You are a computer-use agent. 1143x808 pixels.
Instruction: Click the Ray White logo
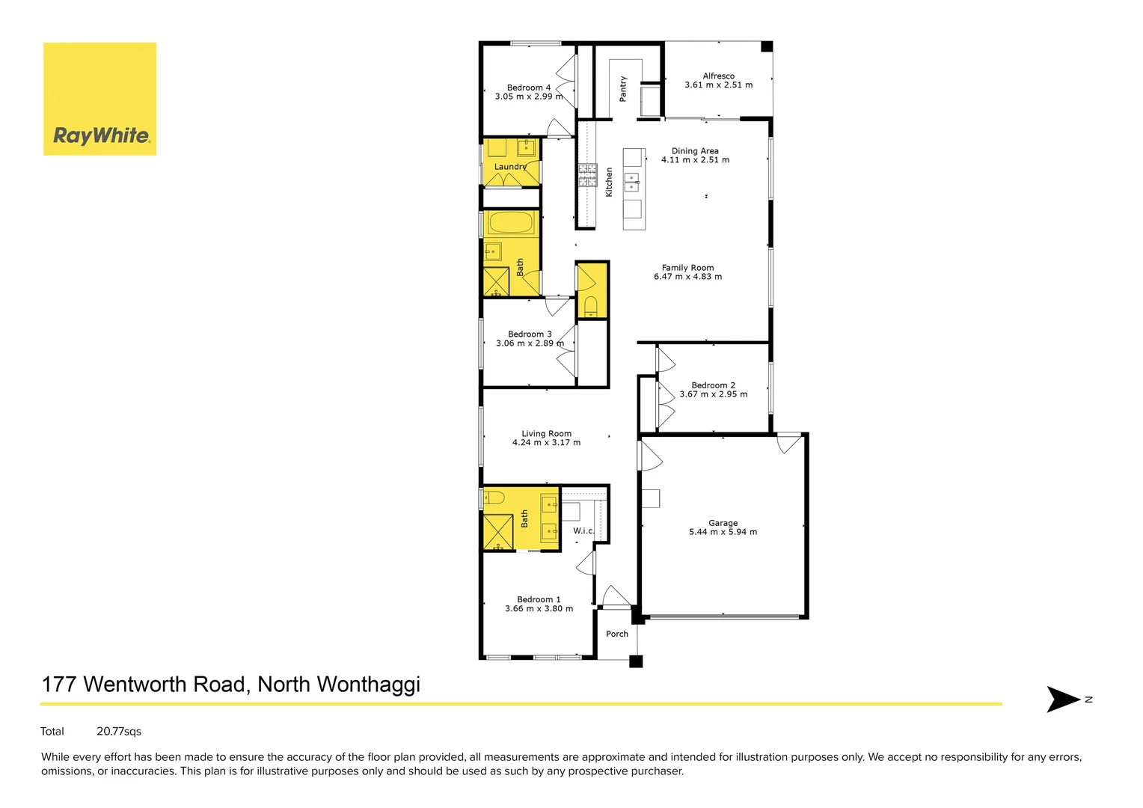(100, 100)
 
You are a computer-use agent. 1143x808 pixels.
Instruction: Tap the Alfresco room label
(718, 76)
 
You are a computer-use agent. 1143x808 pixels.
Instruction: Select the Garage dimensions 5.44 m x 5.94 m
(723, 532)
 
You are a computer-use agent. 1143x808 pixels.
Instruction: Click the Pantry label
(623, 88)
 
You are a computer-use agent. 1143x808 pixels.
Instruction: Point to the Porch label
(617, 634)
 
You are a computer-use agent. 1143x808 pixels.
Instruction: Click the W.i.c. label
(583, 530)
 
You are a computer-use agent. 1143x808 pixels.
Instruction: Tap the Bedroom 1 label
(539, 599)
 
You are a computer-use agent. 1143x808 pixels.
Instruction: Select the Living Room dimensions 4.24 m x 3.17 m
(546, 442)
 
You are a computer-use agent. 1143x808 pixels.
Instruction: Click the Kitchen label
(609, 182)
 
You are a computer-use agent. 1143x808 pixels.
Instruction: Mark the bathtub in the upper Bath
(511, 223)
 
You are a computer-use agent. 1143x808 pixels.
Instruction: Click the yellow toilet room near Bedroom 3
(592, 290)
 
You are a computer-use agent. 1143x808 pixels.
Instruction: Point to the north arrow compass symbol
(1064, 699)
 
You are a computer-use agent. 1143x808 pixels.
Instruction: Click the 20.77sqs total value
(119, 731)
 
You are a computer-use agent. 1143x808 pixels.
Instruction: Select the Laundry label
(510, 166)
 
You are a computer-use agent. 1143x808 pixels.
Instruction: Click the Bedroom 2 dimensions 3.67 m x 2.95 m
(713, 394)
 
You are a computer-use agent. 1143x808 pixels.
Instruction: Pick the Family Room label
(687, 267)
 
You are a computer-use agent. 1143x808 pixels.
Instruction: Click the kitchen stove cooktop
(587, 174)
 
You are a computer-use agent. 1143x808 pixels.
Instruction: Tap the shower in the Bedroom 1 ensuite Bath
(497, 532)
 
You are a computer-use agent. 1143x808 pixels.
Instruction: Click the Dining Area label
(695, 150)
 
